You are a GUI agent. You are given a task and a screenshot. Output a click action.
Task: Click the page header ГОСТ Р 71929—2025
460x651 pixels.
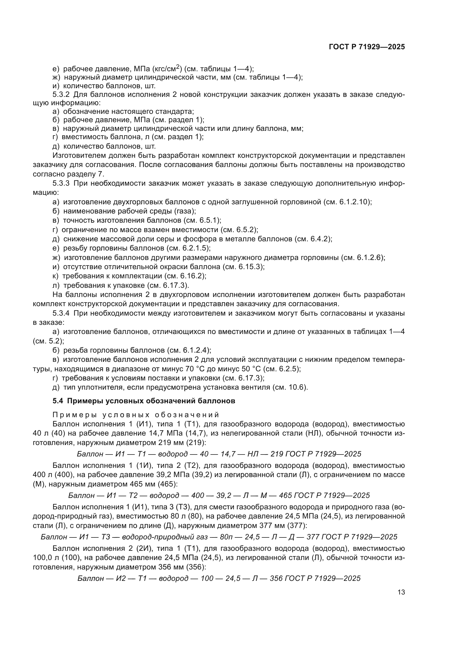point(367,47)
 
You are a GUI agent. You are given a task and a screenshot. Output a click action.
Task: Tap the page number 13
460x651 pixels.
point(401,592)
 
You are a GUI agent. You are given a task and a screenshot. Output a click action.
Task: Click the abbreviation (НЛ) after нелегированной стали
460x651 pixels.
point(315,433)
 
